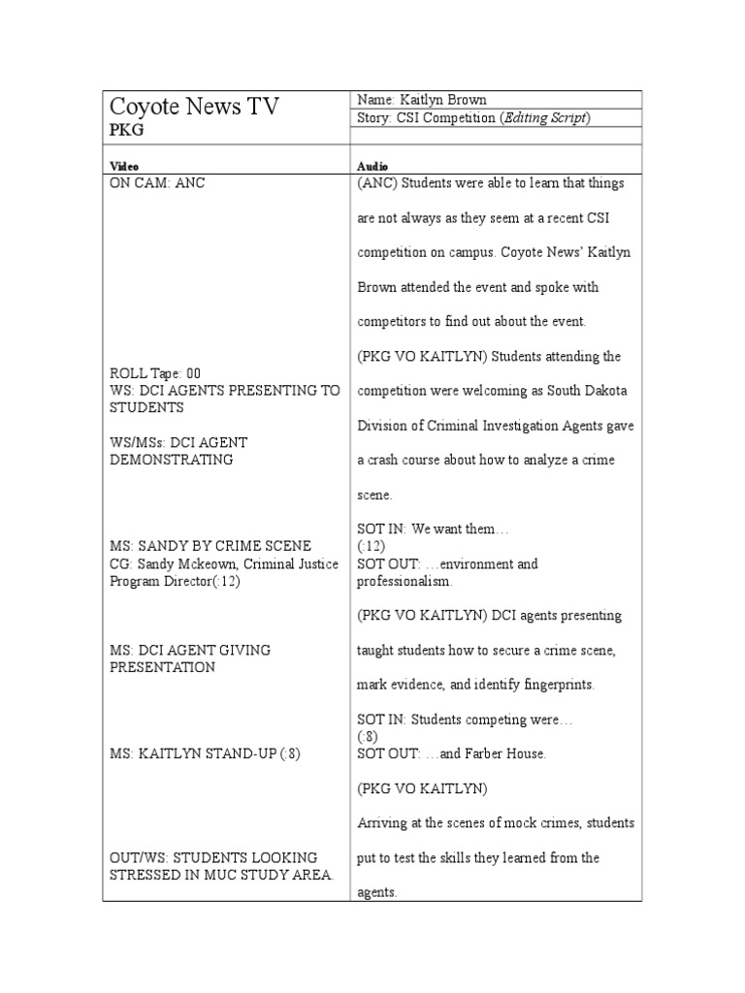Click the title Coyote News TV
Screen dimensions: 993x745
pos(194,107)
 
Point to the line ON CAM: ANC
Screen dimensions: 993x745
pos(157,182)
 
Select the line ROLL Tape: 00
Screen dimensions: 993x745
pos(155,373)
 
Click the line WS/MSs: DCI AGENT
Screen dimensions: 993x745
pos(179,442)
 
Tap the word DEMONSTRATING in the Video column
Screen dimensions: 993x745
pos(172,460)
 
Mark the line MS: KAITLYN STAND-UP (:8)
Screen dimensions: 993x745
pos(206,753)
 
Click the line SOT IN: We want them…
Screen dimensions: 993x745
pos(433,529)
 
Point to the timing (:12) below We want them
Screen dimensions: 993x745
pos(372,546)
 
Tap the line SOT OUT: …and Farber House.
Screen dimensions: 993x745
pos(452,753)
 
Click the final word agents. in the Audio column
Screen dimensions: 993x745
pos(377,893)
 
